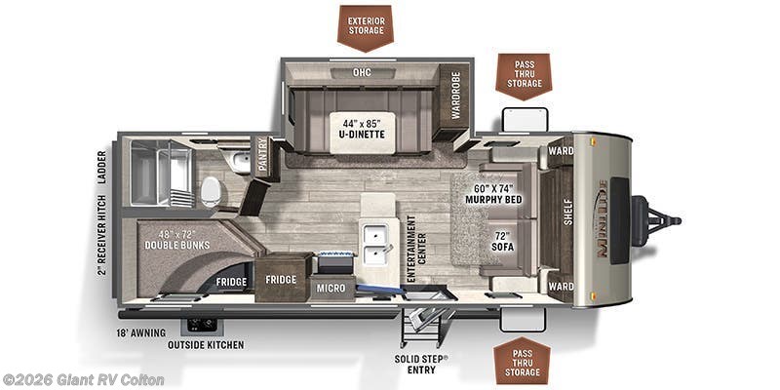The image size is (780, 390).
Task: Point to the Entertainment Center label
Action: pos(412,248)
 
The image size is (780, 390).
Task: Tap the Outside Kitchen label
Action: pos(205,344)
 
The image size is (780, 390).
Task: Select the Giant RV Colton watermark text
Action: pos(84,379)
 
